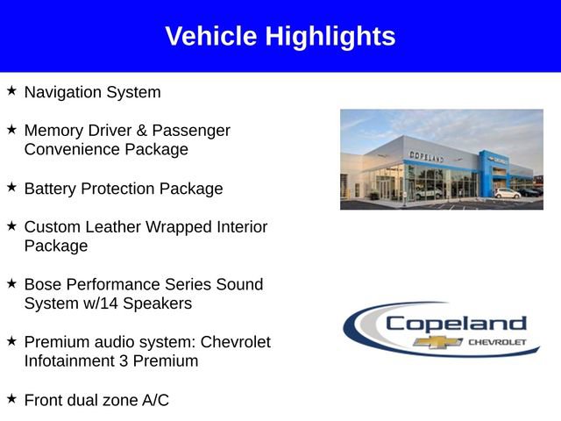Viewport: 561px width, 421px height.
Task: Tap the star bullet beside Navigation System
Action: pyautogui.click(x=11, y=90)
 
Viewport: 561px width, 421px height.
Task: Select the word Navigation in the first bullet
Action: pyautogui.click(x=60, y=92)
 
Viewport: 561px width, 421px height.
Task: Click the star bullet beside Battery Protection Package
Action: pyautogui.click(x=11, y=187)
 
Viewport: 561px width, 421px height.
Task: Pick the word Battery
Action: pyautogui.click(x=51, y=189)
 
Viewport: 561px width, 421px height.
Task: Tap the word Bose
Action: pyautogui.click(x=43, y=285)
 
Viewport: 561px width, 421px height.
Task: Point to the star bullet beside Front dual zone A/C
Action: pyautogui.click(x=11, y=398)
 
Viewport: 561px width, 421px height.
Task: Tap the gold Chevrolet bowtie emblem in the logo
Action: pyautogui.click(x=438, y=341)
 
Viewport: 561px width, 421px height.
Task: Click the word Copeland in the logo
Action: pyautogui.click(x=456, y=323)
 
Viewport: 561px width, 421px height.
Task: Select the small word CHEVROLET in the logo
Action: pyautogui.click(x=497, y=341)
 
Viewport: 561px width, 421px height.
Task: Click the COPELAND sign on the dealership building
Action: pyautogui.click(x=426, y=156)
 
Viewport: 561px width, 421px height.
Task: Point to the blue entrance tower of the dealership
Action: pyautogui.click(x=489, y=171)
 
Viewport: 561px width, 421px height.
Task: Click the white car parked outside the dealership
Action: pyautogui.click(x=506, y=193)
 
